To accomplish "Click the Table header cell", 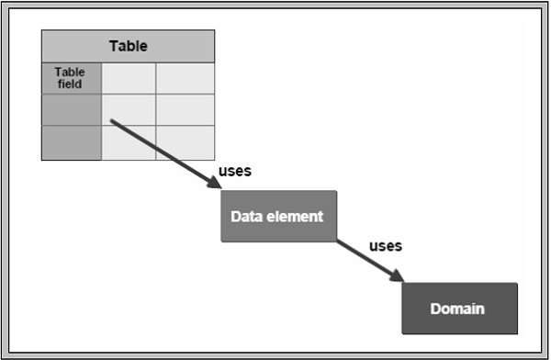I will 128,46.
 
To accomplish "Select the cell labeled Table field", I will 72,78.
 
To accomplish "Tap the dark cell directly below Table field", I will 72,109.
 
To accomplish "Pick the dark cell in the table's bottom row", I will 72,142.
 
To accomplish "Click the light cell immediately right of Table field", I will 129,78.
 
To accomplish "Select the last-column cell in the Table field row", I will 185,78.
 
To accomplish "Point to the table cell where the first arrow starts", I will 129,109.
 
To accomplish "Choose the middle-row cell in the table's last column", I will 185,109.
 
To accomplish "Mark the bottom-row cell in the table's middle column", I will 129,142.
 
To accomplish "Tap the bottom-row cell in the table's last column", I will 185,142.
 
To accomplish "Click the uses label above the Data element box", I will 235,171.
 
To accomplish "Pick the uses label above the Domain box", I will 385,245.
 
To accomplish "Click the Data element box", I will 278,216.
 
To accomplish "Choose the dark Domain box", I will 459,308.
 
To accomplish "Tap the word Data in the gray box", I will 246,217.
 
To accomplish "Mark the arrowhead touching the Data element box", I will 215,185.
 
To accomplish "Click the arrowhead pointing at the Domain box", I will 398,276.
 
